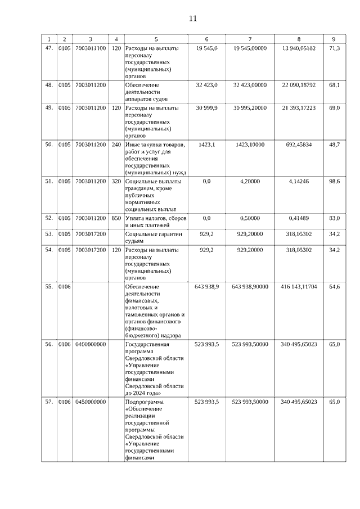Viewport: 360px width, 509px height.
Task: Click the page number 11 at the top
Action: pyautogui.click(x=192, y=18)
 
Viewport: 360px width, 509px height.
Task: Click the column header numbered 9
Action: pyautogui.click(x=334, y=39)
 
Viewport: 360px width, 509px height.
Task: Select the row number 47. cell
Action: pyautogui.click(x=49, y=48)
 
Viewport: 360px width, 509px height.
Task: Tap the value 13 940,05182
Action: pyautogui.click(x=299, y=48)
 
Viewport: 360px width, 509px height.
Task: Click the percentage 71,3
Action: pyautogui.click(x=334, y=48)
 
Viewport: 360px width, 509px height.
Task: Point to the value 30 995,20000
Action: pyautogui.click(x=250, y=107)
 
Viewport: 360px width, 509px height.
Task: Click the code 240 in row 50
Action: pyautogui.click(x=116, y=145)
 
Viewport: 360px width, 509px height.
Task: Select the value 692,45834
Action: pyautogui.click(x=299, y=145)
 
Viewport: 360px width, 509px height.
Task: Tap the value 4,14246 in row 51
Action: pyautogui.click(x=299, y=181)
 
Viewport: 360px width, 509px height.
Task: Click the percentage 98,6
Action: pyautogui.click(x=334, y=181)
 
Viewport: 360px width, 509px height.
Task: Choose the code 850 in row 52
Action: pyautogui.click(x=116, y=218)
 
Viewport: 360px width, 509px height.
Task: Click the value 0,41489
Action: pyautogui.click(x=299, y=218)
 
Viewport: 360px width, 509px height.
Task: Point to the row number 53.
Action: pyautogui.click(x=49, y=233)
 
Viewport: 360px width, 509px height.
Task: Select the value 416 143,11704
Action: pyautogui.click(x=299, y=286)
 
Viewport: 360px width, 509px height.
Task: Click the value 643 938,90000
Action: pyautogui.click(x=250, y=286)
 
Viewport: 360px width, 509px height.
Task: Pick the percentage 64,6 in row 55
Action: pyautogui.click(x=334, y=286)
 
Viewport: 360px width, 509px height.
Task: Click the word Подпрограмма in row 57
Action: pyautogui.click(x=145, y=402)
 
